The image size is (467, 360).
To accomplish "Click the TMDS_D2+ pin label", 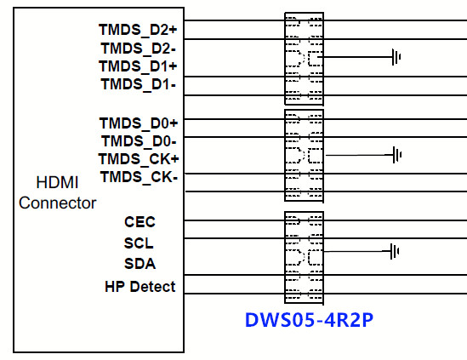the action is click(138, 30).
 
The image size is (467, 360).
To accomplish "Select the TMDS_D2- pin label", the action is click(139, 49).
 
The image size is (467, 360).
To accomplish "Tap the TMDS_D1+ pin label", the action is click(138, 66).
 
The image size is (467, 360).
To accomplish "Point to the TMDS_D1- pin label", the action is click(139, 84).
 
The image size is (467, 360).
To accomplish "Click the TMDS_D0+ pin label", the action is click(139, 123).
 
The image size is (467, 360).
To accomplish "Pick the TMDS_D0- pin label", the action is click(139, 141).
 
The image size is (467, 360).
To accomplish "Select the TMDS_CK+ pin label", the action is click(139, 159).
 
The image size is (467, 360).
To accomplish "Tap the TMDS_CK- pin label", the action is click(140, 177).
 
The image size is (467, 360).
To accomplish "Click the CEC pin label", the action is click(140, 222).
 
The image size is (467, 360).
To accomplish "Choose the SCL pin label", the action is click(139, 243).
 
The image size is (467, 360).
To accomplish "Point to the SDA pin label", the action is click(140, 264).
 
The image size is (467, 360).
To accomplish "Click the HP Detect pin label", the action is click(140, 287).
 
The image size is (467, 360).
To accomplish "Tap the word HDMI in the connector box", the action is click(57, 182).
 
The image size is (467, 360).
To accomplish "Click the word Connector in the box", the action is click(58, 203).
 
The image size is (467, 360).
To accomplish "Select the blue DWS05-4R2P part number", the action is click(309, 320).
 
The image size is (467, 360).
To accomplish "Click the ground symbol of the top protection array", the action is click(396, 57).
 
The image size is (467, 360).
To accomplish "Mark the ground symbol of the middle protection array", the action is click(397, 155).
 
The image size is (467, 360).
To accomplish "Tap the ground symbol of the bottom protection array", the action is click(395, 251).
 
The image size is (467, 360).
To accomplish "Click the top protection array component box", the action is click(285, 59).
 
